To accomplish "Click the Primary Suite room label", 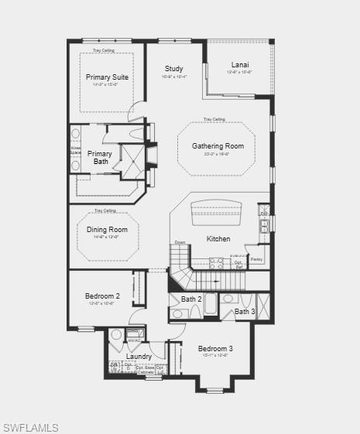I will (x=107, y=77).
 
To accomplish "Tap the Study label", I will (x=173, y=69).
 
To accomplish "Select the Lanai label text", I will (x=240, y=65).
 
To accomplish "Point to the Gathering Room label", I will (x=218, y=146).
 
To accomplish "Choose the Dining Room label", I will (x=107, y=230).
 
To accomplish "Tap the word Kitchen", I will (x=218, y=239).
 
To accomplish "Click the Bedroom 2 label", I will (x=102, y=296).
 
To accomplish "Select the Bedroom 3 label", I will (x=215, y=349).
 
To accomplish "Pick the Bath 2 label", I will (x=191, y=299).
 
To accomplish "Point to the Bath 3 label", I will (x=245, y=312).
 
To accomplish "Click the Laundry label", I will (x=139, y=357).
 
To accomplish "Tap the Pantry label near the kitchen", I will (x=256, y=259).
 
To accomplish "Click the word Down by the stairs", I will (x=180, y=242).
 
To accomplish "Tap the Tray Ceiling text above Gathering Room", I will (x=214, y=119).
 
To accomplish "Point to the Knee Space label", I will (x=75, y=150).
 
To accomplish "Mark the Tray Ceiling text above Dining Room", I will (x=105, y=210).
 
